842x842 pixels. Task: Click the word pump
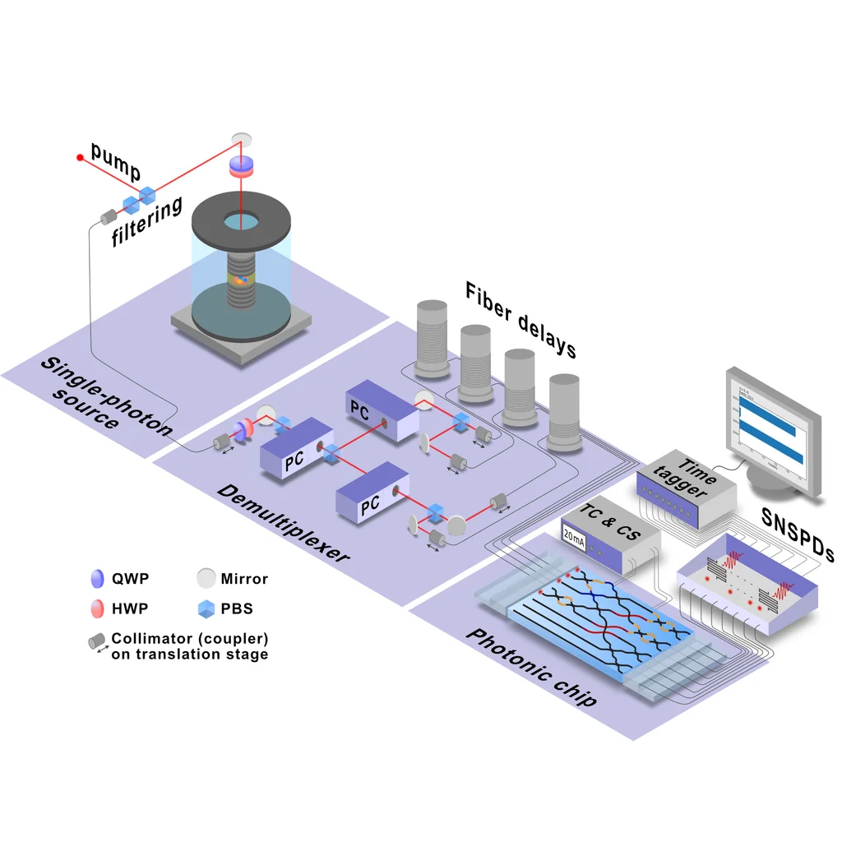[116, 161]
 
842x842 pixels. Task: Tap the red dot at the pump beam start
[80, 156]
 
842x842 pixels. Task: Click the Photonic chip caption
[530, 669]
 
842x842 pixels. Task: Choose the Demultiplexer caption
[283, 523]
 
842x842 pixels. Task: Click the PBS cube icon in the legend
[206, 609]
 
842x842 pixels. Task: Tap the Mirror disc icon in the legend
[206, 579]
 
